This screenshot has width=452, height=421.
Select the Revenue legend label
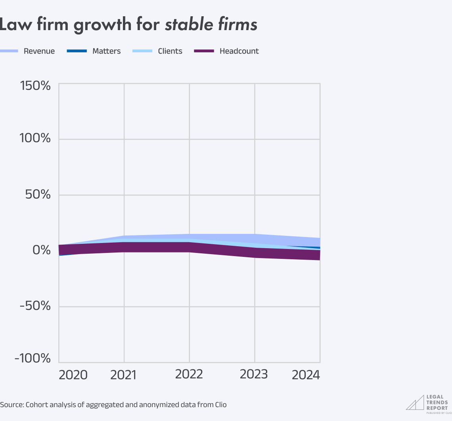pyautogui.click(x=39, y=51)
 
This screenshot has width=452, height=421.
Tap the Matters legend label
pyautogui.click(x=106, y=51)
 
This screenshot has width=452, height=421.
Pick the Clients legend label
pyautogui.click(x=170, y=51)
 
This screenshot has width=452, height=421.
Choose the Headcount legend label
pyautogui.click(x=239, y=51)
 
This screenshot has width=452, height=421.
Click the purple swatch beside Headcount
pyautogui.click(x=204, y=51)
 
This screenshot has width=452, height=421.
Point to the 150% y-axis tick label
pyautogui.click(x=35, y=85)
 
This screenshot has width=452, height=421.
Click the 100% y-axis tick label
pyautogui.click(x=35, y=139)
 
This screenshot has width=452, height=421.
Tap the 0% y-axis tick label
pyautogui.click(x=42, y=251)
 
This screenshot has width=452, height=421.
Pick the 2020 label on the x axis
pyautogui.click(x=73, y=375)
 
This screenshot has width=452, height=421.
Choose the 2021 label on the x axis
pyautogui.click(x=123, y=375)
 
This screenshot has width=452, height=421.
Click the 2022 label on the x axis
pyautogui.click(x=189, y=374)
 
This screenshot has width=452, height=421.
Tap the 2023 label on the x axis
pyautogui.click(x=254, y=374)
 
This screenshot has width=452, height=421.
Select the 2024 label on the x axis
pyautogui.click(x=306, y=375)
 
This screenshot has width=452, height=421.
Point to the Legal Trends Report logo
pyautogui.click(x=427, y=402)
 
